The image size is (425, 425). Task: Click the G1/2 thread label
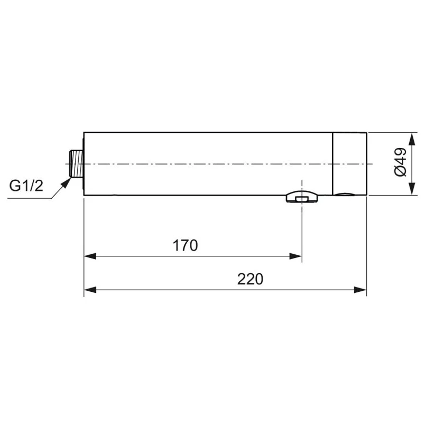(26, 186)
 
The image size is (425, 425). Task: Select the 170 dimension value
(186, 245)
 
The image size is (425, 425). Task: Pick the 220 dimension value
(250, 279)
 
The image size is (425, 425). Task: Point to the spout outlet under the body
(301, 198)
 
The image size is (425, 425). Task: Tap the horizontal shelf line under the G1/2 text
(29, 198)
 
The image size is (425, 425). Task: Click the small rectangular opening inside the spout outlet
(301, 199)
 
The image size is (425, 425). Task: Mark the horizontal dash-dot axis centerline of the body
(211, 163)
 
